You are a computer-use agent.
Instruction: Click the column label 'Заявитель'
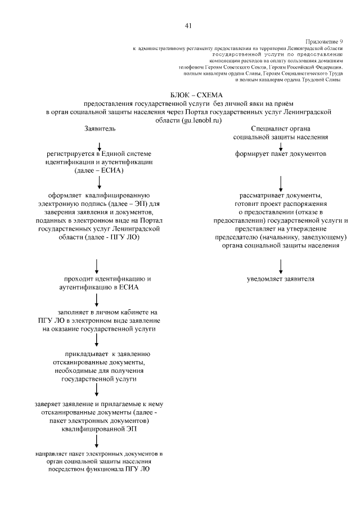pyautogui.click(x=100, y=129)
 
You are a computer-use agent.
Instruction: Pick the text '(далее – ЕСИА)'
pyautogui.click(x=99, y=170)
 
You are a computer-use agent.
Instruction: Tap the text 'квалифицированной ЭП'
pyautogui.click(x=99, y=428)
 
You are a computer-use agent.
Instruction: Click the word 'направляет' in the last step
pyautogui.click(x=48, y=453)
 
